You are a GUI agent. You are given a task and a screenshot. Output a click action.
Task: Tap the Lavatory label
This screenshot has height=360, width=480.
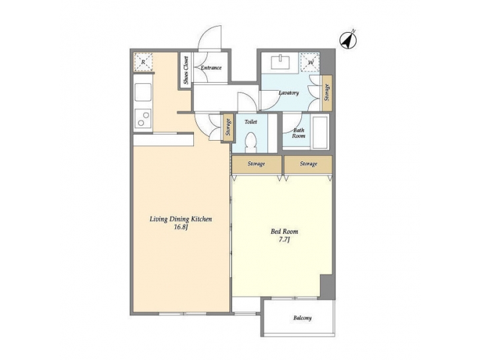(x=288, y=93)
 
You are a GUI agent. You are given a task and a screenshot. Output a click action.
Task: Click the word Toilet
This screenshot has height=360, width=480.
(x=251, y=122)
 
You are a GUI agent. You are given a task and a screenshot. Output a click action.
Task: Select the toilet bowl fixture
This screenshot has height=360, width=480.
(x=251, y=143)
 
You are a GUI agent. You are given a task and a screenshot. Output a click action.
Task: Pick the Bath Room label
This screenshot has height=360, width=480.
(x=298, y=133)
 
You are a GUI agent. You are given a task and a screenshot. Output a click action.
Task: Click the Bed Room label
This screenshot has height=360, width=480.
(x=285, y=231)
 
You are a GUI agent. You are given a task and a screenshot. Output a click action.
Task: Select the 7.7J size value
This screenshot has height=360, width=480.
(x=285, y=240)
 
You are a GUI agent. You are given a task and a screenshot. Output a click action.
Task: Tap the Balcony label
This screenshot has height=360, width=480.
(x=302, y=318)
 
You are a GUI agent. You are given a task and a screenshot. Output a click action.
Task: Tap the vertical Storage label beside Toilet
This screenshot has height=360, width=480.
(x=228, y=127)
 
